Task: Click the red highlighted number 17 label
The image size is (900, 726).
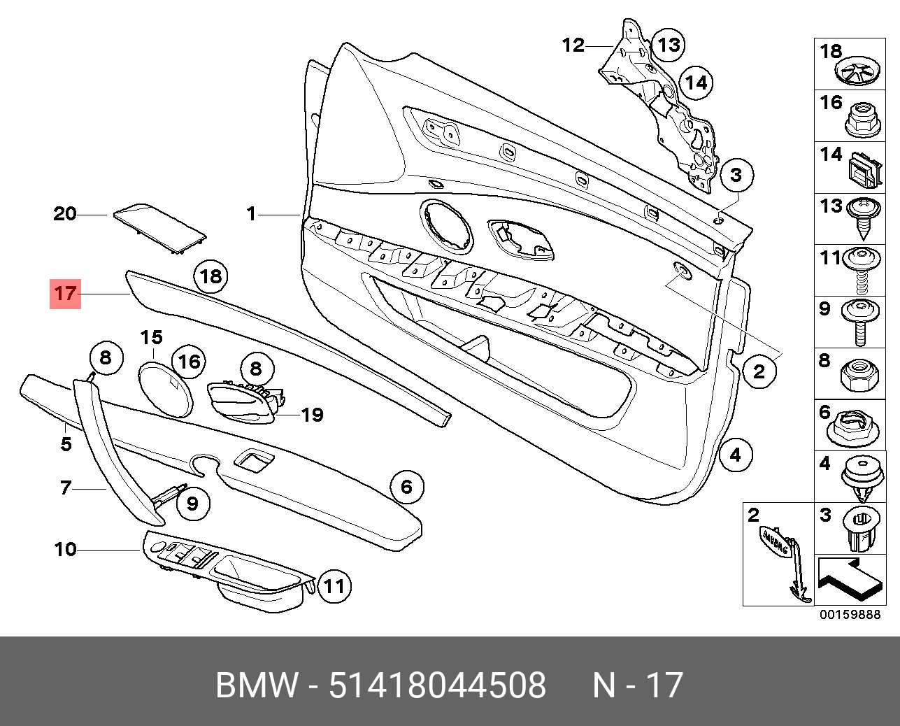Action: click(x=65, y=293)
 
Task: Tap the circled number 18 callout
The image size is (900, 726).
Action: click(x=210, y=276)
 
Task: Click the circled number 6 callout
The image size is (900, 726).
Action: click(x=406, y=486)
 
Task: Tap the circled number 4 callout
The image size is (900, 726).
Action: click(x=735, y=456)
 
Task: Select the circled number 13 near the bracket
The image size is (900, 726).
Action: click(x=669, y=45)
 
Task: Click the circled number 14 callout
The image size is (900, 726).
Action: click(x=695, y=83)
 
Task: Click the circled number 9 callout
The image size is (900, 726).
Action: click(x=192, y=503)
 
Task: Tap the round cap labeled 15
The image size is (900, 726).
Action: click(x=164, y=389)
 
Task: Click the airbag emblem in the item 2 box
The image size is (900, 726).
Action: click(x=775, y=543)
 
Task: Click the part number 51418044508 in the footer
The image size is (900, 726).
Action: click(x=437, y=685)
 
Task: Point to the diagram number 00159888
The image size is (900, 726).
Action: click(x=850, y=615)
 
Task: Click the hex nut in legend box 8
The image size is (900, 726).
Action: click(x=858, y=377)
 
